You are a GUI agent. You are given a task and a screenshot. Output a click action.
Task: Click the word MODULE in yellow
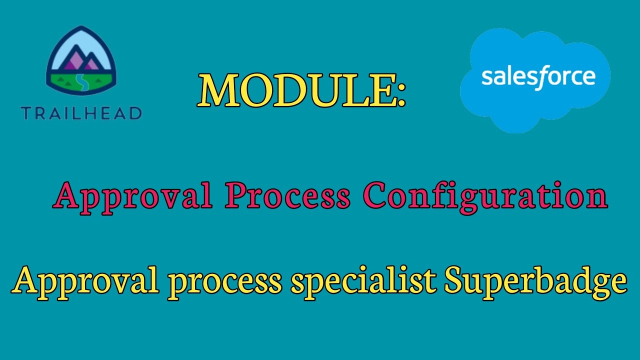click(295, 90)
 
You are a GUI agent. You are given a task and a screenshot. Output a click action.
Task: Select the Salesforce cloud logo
click(535, 80)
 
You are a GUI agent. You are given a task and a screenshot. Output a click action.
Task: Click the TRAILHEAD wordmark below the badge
click(81, 113)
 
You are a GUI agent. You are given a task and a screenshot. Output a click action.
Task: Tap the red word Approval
click(133, 196)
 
